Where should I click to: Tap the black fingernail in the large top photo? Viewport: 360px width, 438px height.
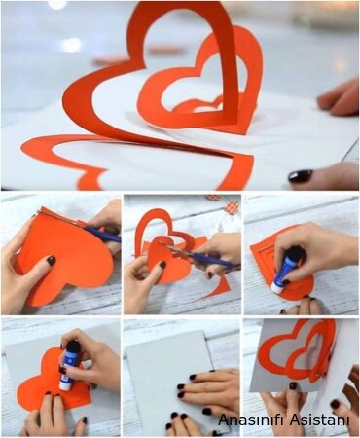point(301,176)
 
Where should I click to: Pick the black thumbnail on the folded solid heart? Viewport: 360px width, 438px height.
point(51,260)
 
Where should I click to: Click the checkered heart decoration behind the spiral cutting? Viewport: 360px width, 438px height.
point(232,206)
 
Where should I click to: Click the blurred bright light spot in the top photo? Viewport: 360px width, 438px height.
point(71,45)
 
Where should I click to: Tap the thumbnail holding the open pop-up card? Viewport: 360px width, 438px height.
point(293,386)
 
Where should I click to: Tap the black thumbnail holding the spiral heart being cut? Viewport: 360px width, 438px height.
point(162,265)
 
